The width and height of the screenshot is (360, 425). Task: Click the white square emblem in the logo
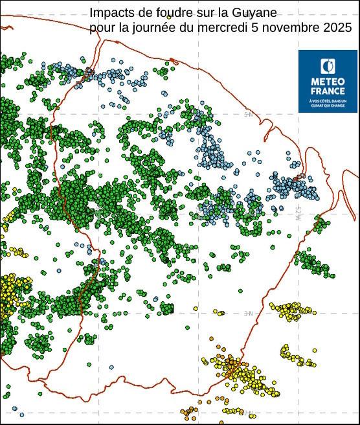click(x=328, y=65)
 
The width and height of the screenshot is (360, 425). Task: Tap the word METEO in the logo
click(x=328, y=82)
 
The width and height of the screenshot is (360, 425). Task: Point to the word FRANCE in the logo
click(x=328, y=91)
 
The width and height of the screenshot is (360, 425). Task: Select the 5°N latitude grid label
click(x=249, y=115)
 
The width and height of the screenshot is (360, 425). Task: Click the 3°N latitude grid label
click(x=249, y=313)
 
